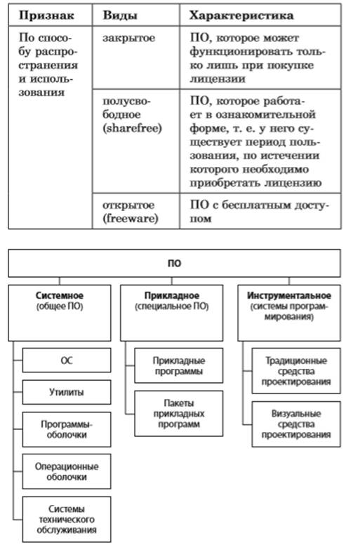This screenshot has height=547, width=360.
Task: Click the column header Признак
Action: (x=46, y=15)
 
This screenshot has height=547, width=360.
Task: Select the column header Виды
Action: (x=120, y=15)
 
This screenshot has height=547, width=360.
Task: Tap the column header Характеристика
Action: (x=241, y=15)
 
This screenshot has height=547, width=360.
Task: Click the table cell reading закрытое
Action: (x=128, y=38)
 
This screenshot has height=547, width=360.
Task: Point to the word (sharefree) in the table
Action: (x=132, y=128)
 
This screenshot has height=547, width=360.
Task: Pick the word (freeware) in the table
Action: (x=131, y=219)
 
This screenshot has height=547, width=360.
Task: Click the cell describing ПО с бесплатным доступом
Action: (x=260, y=211)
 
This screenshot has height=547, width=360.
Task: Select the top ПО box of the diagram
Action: (x=174, y=264)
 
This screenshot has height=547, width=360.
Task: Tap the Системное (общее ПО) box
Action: (x=60, y=313)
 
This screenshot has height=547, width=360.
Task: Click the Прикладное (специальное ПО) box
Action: (x=172, y=313)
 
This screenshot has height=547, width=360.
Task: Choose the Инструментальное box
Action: (x=289, y=313)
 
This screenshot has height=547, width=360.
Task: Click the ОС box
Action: (x=67, y=360)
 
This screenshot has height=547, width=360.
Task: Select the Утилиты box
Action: (x=67, y=392)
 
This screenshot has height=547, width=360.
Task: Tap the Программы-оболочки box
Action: (x=67, y=429)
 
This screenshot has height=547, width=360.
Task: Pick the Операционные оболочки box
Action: (x=67, y=471)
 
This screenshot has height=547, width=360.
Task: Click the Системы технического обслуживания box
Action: (x=67, y=520)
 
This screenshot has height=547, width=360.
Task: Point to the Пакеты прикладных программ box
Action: (x=179, y=413)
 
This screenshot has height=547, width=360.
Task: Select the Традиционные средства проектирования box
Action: (x=296, y=371)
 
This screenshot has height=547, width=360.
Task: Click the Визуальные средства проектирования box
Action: (x=296, y=424)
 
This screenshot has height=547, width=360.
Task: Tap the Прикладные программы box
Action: (x=179, y=365)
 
